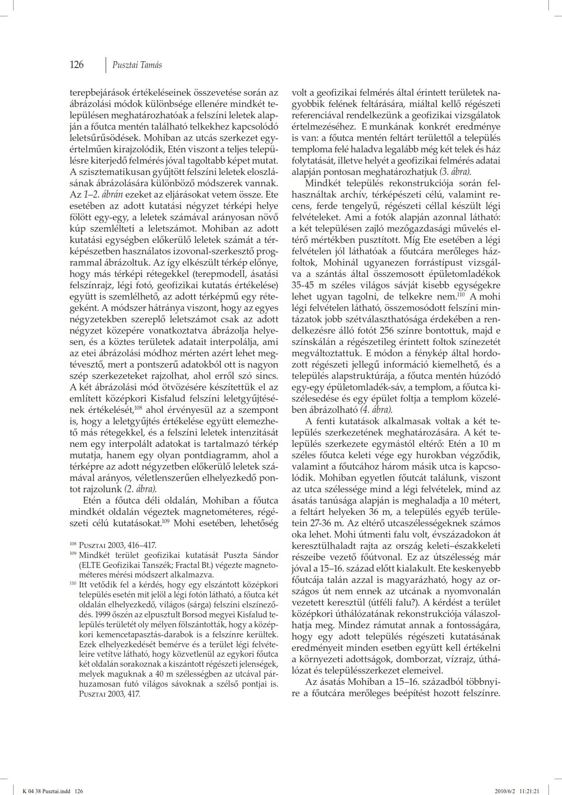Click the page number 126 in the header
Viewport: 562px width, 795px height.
pos(77,65)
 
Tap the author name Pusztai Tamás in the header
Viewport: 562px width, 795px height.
pos(137,65)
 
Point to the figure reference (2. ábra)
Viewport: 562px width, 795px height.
pos(140,489)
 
